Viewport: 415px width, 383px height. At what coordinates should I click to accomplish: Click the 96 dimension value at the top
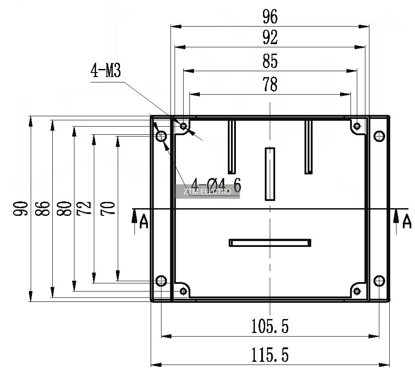(x=270, y=16)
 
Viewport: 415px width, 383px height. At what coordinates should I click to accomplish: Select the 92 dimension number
(x=270, y=37)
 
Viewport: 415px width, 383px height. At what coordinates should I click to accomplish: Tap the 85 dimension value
(x=270, y=61)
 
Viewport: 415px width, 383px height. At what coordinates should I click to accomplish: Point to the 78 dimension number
(x=270, y=84)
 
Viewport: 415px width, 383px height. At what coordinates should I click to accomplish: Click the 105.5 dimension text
(x=270, y=326)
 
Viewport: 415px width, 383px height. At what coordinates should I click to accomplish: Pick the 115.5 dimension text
(x=270, y=355)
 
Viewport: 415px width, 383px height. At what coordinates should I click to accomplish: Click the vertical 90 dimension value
(x=21, y=209)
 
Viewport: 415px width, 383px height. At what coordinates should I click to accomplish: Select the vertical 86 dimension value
(x=42, y=209)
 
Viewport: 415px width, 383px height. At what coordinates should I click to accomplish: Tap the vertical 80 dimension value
(x=65, y=209)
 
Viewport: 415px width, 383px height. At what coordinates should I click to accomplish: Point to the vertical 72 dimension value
(x=84, y=209)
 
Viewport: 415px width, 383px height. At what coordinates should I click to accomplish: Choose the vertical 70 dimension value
(x=108, y=209)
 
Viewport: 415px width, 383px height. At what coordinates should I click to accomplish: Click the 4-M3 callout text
(x=106, y=70)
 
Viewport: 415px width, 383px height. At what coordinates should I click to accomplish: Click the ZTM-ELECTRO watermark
(x=207, y=191)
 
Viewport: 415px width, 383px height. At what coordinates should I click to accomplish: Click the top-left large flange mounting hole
(x=161, y=136)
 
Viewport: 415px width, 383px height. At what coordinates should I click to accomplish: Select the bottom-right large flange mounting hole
(x=379, y=281)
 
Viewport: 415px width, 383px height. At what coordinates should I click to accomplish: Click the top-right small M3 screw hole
(x=357, y=126)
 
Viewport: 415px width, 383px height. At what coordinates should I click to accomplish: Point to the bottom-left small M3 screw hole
(x=183, y=291)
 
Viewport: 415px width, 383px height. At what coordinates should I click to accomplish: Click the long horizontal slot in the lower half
(x=270, y=243)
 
